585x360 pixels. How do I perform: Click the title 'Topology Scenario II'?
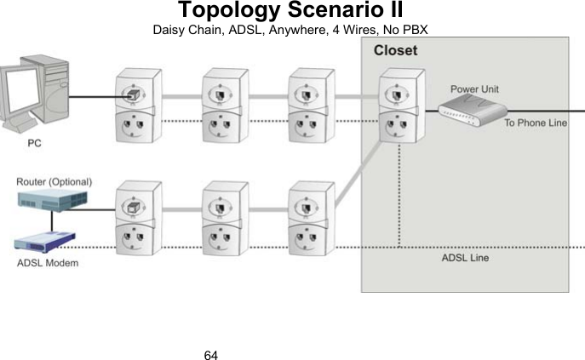[x=291, y=12]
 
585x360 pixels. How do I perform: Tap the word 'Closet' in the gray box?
[x=395, y=50]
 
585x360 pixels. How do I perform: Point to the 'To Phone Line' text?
[x=535, y=123]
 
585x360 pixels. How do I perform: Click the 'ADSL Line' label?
[x=464, y=257]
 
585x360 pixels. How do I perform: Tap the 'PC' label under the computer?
[x=33, y=143]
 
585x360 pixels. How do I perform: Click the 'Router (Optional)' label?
[x=54, y=181]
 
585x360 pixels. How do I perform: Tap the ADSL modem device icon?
[x=48, y=241]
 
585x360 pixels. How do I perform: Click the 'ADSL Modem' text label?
[x=48, y=262]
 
